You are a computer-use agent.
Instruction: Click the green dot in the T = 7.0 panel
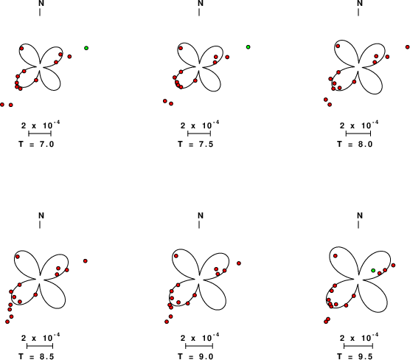(86, 48)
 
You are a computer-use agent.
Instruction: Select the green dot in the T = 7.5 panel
(249, 47)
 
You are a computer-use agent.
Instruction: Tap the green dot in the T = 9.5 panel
(373, 270)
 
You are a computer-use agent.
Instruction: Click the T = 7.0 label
(36, 144)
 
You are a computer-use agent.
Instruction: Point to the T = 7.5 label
(195, 144)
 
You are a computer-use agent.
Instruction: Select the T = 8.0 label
(355, 144)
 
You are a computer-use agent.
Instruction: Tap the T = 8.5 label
(36, 356)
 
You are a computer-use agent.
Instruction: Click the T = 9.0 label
(195, 356)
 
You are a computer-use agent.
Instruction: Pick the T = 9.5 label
(355, 356)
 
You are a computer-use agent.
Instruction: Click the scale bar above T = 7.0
(40, 134)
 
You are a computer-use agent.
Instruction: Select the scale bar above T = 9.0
(199, 347)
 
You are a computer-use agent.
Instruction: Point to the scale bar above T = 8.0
(358, 134)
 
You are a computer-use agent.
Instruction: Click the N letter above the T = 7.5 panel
(201, 3)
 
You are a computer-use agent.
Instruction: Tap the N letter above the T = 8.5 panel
(41, 215)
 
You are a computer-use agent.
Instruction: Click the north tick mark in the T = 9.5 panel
(358, 225)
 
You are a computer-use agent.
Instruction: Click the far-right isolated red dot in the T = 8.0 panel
(408, 47)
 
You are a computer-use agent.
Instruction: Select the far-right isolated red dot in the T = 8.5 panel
(86, 261)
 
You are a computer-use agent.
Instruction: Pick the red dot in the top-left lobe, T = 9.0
(176, 256)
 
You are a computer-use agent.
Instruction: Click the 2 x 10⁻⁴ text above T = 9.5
(358, 337)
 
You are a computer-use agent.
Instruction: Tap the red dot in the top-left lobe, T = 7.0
(21, 49)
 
